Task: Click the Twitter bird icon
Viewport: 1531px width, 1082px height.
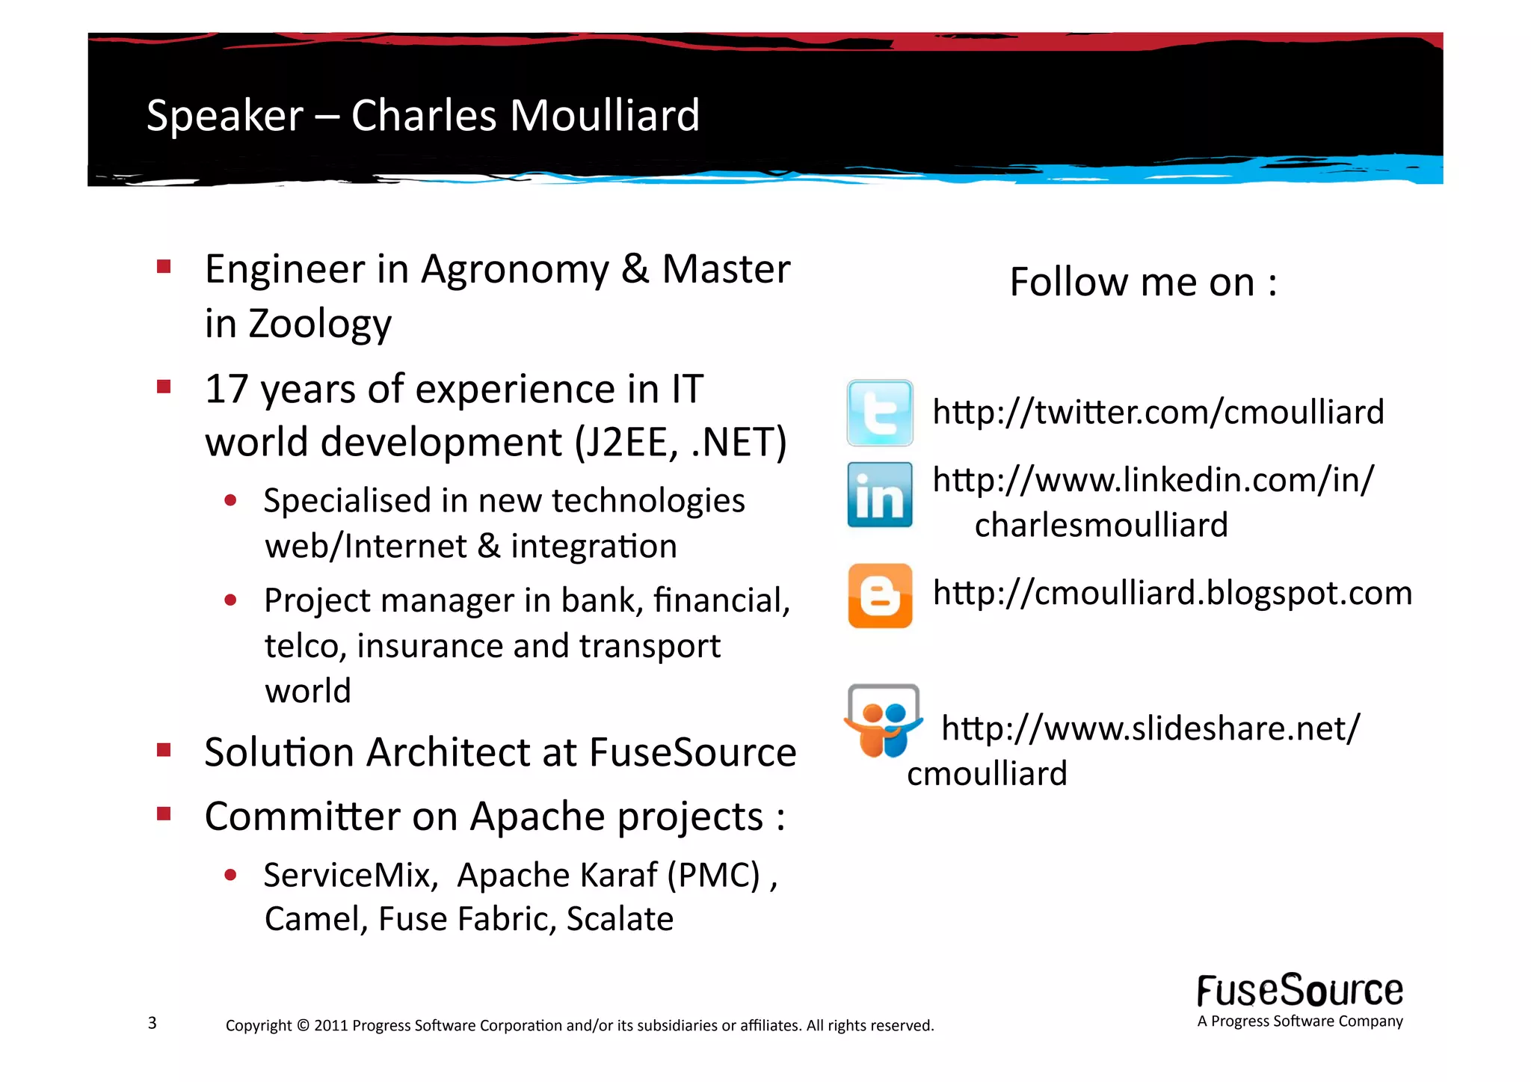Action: pyautogui.click(x=880, y=413)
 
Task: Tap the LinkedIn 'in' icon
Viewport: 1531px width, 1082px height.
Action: pyautogui.click(x=880, y=495)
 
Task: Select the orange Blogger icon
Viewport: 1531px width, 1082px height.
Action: pyautogui.click(x=880, y=595)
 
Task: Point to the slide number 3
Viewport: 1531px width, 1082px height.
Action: pyautogui.click(x=153, y=1023)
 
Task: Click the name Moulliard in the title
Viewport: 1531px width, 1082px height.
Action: pyautogui.click(x=605, y=116)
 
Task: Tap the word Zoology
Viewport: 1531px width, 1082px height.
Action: pyautogui.click(x=319, y=324)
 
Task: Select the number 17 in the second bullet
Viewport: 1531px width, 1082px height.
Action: pyautogui.click(x=227, y=390)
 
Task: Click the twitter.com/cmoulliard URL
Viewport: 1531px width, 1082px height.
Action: pyautogui.click(x=1158, y=413)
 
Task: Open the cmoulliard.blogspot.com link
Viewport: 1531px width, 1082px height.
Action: pyautogui.click(x=1172, y=594)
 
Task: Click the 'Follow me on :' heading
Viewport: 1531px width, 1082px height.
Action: pyautogui.click(x=1142, y=283)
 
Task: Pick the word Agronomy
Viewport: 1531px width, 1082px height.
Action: pyautogui.click(x=514, y=270)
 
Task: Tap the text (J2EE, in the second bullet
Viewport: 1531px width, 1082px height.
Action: pyautogui.click(x=626, y=443)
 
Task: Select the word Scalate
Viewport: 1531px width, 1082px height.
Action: pyautogui.click(x=620, y=920)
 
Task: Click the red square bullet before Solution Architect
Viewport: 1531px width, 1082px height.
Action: pyautogui.click(x=164, y=750)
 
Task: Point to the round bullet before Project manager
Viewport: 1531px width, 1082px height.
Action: pyautogui.click(x=230, y=600)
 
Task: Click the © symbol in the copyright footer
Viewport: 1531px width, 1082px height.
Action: pyautogui.click(x=303, y=1025)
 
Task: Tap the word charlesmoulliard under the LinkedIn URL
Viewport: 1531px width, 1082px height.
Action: pyautogui.click(x=1100, y=526)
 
